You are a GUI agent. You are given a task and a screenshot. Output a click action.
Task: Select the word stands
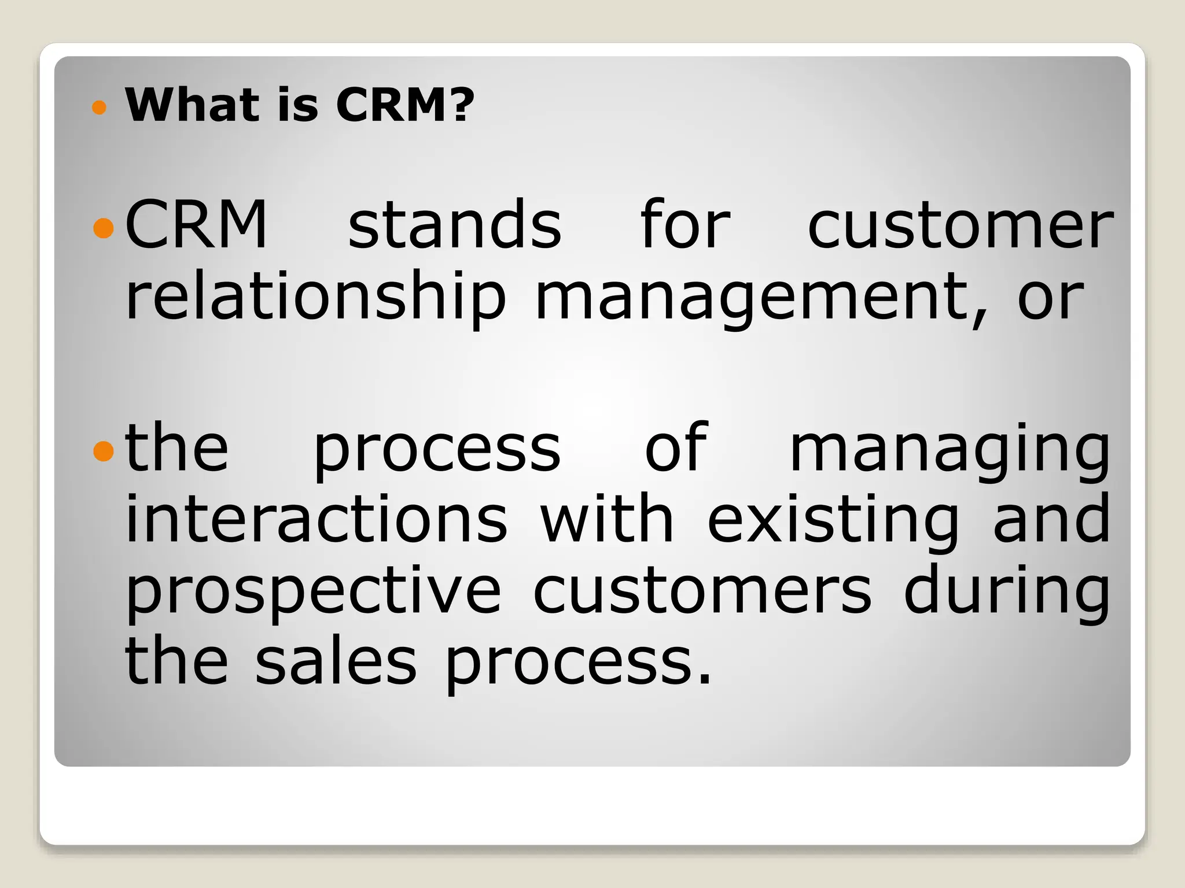(x=455, y=225)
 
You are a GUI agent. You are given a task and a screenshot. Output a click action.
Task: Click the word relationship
(x=315, y=298)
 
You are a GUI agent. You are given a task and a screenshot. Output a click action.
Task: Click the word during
(x=1007, y=593)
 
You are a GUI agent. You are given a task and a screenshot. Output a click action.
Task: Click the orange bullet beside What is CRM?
(x=100, y=107)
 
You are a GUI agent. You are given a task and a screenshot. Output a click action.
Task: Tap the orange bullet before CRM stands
(x=103, y=228)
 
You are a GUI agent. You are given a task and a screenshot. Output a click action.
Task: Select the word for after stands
(x=685, y=225)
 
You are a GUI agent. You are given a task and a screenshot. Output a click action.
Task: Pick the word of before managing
(x=676, y=448)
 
